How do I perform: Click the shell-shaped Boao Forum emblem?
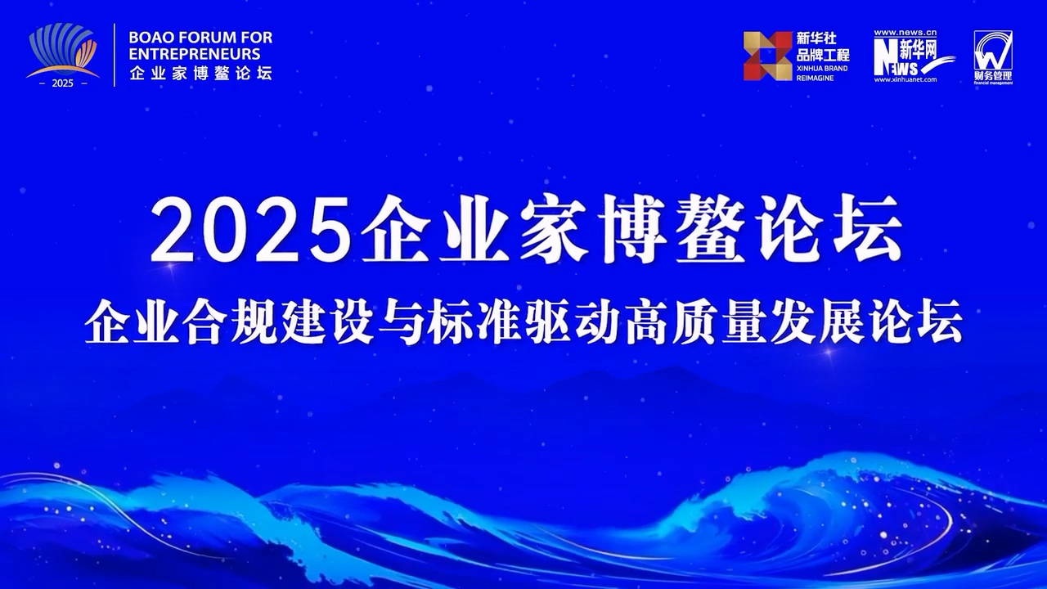coord(62,51)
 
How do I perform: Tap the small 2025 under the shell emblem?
coord(62,83)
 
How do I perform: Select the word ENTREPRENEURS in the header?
coord(194,54)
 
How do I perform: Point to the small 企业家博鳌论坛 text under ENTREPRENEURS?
coord(200,73)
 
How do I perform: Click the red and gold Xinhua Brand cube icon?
coord(767,56)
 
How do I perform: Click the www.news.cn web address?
coord(905,34)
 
